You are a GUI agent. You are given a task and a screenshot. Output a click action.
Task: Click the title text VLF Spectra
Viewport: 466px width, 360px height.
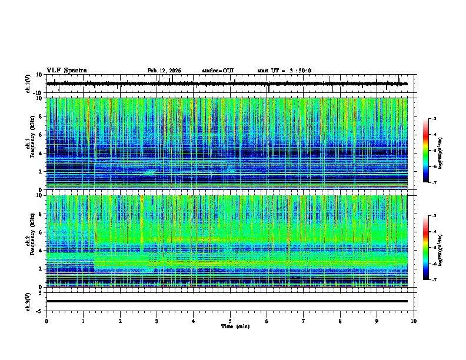tap(66, 71)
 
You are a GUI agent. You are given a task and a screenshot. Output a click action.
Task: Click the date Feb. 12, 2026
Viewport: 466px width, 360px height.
tap(164, 71)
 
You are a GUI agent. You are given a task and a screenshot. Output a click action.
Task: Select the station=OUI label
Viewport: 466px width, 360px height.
tap(218, 71)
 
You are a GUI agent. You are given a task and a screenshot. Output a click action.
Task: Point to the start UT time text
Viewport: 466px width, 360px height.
tap(284, 71)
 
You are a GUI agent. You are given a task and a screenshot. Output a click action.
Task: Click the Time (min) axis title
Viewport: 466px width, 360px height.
tap(235, 326)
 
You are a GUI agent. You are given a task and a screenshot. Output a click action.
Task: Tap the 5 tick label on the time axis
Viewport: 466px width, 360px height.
tap(230, 321)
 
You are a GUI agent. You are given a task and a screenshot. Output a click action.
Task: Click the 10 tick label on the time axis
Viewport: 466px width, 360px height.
tap(414, 321)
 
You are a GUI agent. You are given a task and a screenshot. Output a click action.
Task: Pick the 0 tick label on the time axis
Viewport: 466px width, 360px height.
tap(46, 321)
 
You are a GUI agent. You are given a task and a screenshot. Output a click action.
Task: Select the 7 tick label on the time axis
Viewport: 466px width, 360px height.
tap(304, 321)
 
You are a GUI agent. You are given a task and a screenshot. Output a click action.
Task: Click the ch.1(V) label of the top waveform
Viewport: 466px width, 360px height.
tap(28, 84)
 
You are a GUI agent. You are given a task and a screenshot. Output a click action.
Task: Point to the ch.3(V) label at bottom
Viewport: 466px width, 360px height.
tap(28, 301)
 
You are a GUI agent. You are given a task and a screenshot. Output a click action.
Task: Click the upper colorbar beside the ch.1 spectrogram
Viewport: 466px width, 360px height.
tap(425, 151)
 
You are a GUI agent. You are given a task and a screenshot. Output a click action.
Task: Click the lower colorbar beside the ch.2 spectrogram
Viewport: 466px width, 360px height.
tap(425, 248)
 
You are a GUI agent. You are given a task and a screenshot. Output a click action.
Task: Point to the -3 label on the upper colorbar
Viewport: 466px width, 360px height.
tap(434, 119)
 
